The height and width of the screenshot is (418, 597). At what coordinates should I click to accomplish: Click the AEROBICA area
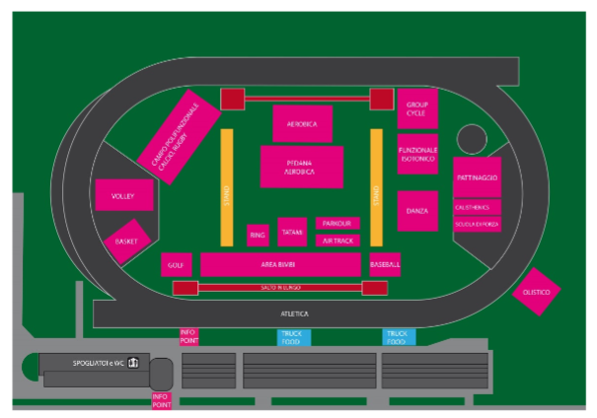click(302, 124)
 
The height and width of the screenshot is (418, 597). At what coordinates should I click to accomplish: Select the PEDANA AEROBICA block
click(301, 167)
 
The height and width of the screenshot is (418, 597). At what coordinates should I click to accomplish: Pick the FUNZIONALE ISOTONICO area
click(417, 159)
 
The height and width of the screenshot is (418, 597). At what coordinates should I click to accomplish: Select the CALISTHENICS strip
click(478, 208)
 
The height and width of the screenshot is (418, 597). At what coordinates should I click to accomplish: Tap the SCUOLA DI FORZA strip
click(478, 224)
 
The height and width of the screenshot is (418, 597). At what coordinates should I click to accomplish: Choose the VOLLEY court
click(123, 195)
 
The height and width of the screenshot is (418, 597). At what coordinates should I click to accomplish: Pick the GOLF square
click(176, 264)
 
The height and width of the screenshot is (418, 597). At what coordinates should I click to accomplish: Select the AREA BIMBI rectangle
click(280, 264)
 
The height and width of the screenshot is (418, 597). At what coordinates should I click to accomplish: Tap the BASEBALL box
click(385, 264)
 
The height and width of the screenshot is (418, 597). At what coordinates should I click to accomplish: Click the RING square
click(258, 235)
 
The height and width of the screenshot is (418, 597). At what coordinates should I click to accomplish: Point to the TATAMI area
click(292, 232)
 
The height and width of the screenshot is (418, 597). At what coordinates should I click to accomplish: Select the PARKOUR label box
click(337, 224)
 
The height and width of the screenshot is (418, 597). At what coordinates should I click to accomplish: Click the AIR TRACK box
click(337, 240)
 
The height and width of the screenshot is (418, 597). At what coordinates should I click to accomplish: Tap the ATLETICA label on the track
click(295, 313)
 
